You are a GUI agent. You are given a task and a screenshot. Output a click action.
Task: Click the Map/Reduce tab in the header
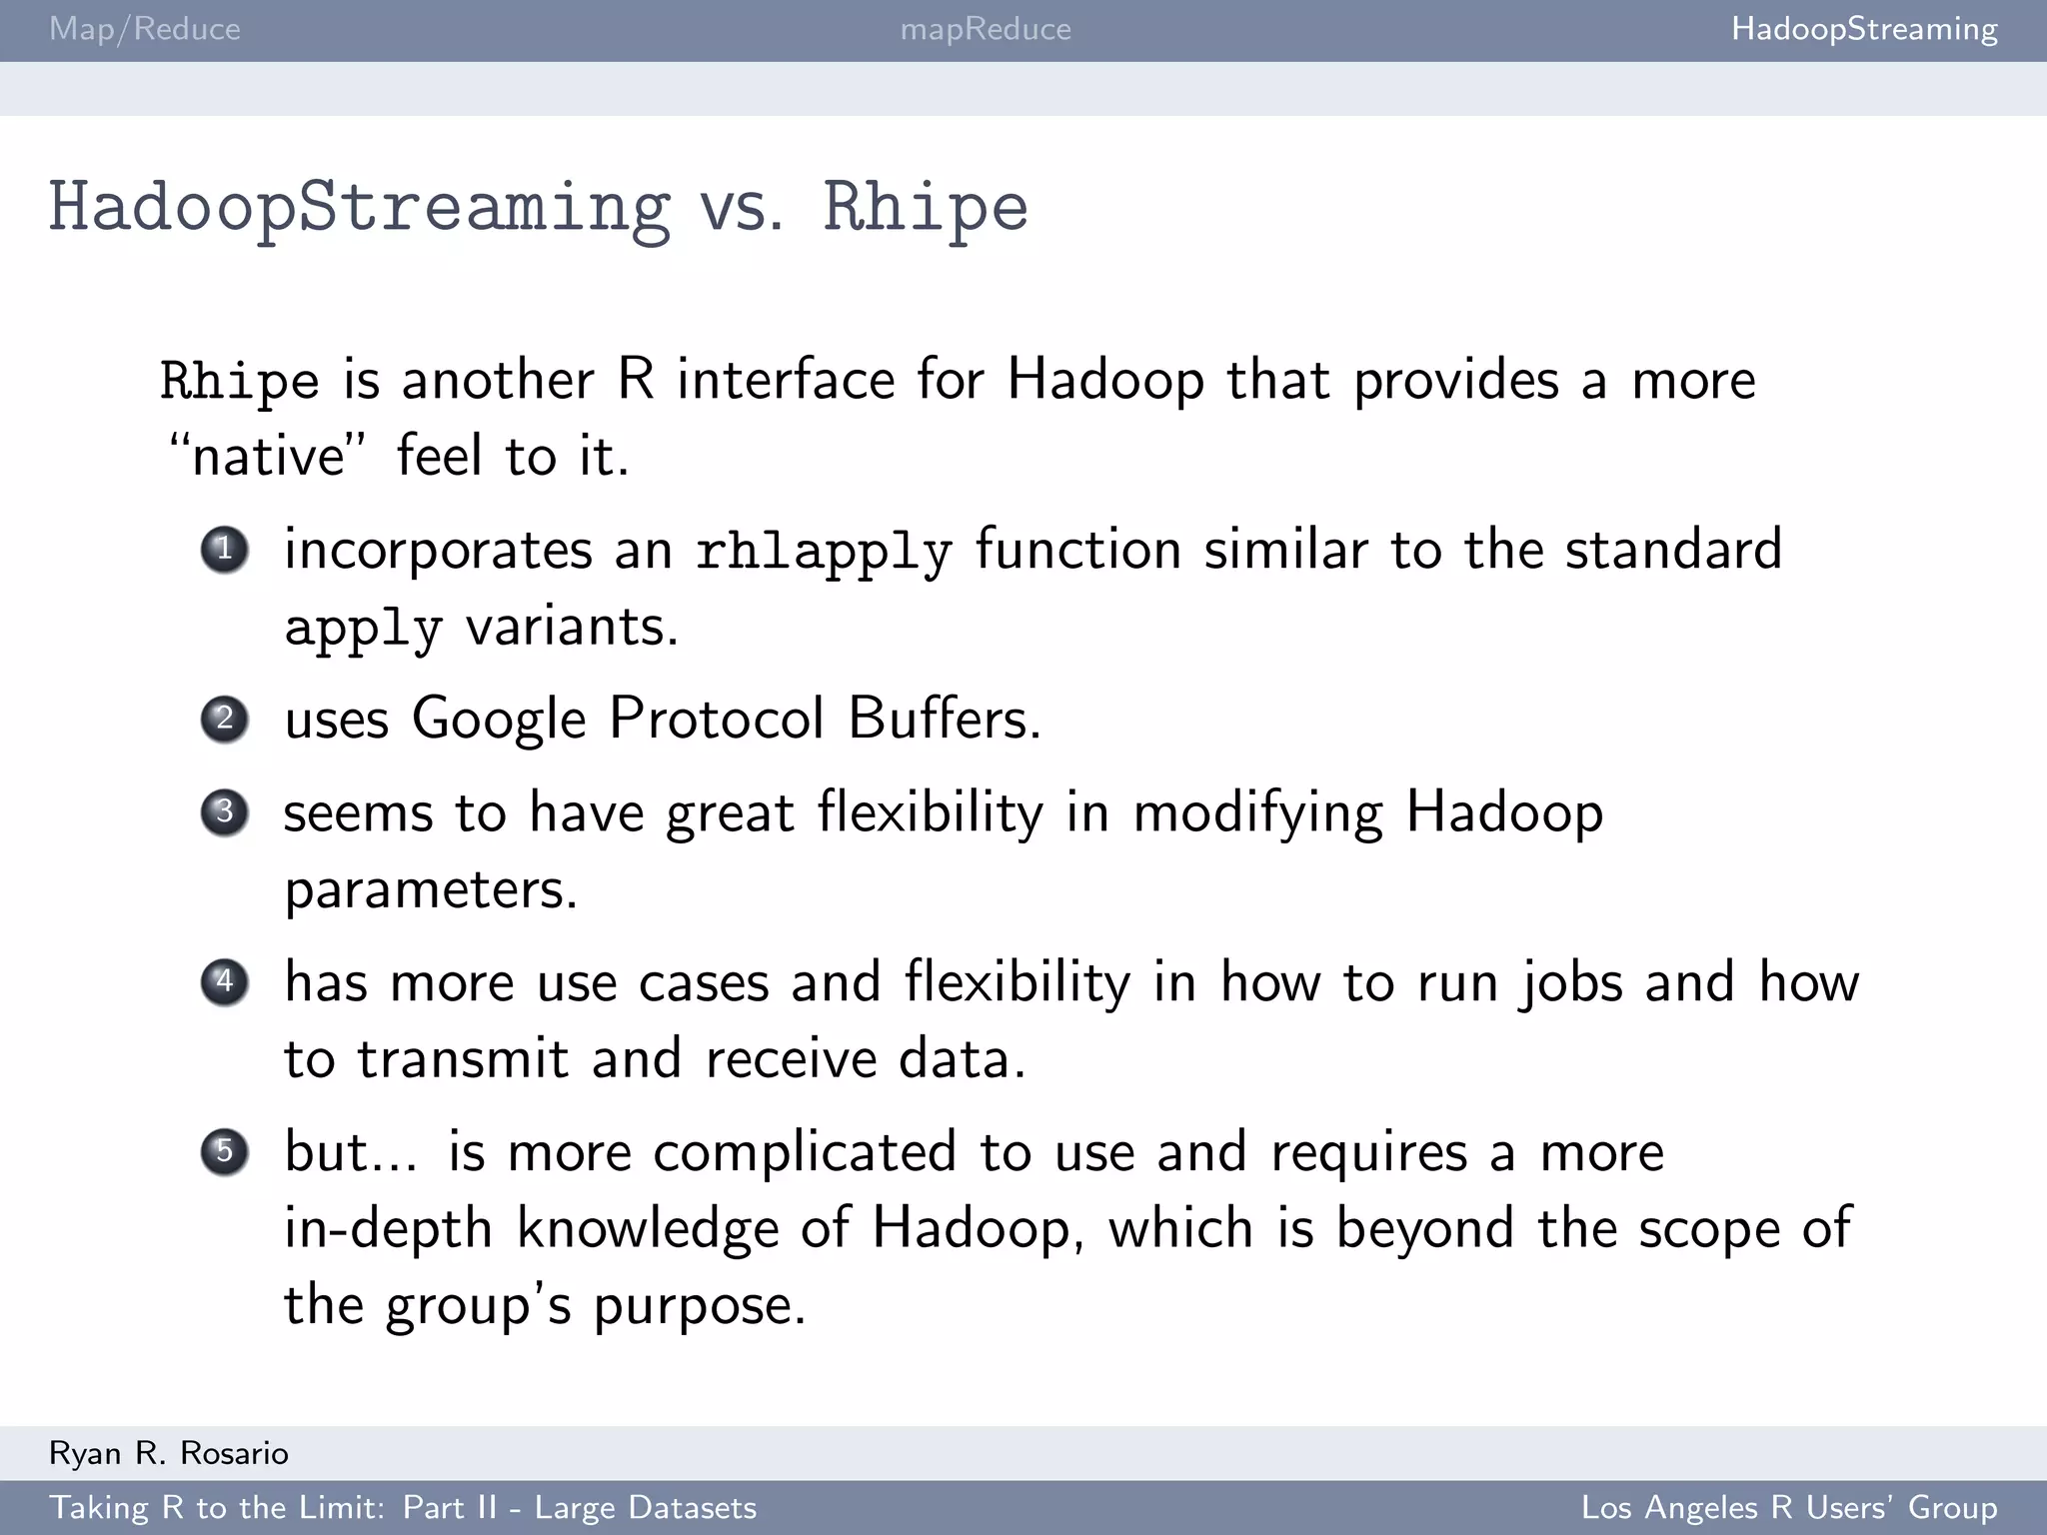tap(145, 29)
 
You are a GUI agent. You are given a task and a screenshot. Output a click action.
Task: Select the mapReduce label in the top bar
tap(986, 29)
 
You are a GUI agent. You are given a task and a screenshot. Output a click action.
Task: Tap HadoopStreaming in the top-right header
tap(1864, 29)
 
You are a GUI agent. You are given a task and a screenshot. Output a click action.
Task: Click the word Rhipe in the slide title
tap(925, 208)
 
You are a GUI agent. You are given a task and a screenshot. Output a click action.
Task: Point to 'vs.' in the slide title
tap(741, 208)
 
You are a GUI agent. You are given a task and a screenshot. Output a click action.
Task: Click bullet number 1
tap(224, 549)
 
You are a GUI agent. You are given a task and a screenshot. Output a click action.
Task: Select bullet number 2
tap(224, 719)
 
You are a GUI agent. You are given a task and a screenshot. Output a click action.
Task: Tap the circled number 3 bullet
tap(224, 811)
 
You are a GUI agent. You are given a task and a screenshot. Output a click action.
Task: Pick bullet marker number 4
tap(224, 981)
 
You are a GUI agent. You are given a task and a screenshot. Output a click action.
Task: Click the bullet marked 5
tap(224, 1151)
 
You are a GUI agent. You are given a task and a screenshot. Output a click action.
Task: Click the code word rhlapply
tap(823, 552)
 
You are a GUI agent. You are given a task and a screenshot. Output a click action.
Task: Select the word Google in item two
tap(499, 720)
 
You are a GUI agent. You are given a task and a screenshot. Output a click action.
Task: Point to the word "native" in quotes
tap(268, 456)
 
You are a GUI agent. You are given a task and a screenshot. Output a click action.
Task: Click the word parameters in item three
tap(430, 889)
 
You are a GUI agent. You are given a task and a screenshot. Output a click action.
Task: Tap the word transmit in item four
tap(463, 1058)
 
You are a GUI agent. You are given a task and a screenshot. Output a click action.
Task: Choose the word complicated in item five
tap(805, 1151)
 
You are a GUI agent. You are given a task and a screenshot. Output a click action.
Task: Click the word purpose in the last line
tap(699, 1306)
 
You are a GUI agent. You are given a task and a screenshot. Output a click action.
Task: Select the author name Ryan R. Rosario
tap(169, 1453)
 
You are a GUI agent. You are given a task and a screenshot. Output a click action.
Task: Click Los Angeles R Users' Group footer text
tap(1788, 1507)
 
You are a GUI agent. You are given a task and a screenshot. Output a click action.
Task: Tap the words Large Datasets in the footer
tap(646, 1507)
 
